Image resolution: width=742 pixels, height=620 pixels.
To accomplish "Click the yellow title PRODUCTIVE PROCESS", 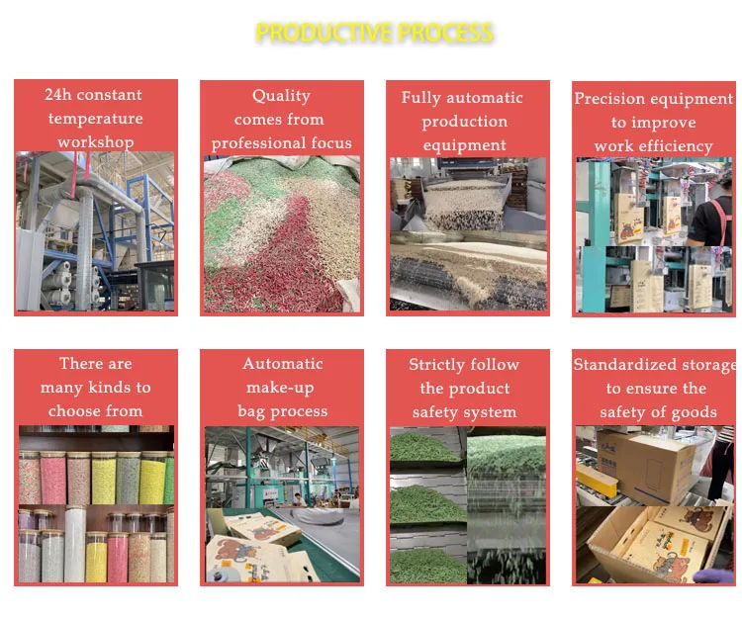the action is click(374, 33).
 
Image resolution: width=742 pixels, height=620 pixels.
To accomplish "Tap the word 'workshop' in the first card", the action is click(95, 142).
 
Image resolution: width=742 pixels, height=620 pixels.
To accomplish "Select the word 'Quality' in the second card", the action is click(281, 96).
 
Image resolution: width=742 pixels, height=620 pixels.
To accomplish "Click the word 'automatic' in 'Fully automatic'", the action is click(487, 98).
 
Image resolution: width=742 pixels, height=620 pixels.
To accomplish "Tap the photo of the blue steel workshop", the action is click(95, 232).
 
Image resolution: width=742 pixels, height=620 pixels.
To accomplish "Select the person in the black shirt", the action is click(711, 213).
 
